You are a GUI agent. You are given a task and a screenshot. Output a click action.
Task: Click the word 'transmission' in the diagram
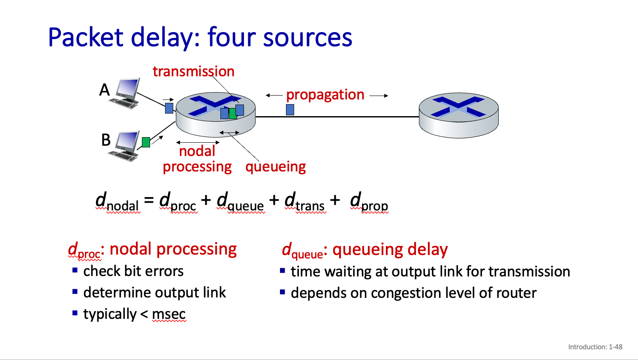(x=193, y=71)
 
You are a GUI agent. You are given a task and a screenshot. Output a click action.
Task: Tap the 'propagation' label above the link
(x=325, y=95)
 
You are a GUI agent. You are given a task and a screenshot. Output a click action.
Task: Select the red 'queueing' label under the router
(x=275, y=166)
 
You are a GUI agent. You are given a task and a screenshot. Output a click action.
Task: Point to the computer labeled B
(x=125, y=146)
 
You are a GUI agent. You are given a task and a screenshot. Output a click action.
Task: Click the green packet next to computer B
(x=146, y=142)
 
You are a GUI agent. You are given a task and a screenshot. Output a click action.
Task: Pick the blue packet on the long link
(x=290, y=110)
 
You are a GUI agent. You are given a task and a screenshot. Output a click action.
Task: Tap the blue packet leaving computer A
(x=169, y=108)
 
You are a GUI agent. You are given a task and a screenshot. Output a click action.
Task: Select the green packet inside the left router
(x=232, y=114)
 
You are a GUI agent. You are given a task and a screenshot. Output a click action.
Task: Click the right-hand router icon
(x=458, y=115)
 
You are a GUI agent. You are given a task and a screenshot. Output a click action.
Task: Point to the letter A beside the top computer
(x=105, y=90)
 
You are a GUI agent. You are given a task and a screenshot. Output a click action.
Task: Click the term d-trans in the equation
(x=305, y=202)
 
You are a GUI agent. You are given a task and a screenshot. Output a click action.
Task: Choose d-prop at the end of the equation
(x=369, y=202)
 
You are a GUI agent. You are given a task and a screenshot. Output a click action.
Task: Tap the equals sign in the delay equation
(x=149, y=200)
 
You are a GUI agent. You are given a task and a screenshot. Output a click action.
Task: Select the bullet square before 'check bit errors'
(x=75, y=270)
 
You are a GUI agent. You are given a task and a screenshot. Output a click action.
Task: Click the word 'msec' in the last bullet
(x=169, y=314)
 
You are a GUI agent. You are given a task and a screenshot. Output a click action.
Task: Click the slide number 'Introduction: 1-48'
(x=595, y=347)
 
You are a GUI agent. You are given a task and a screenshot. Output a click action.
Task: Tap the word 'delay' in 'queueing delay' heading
(x=427, y=249)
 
